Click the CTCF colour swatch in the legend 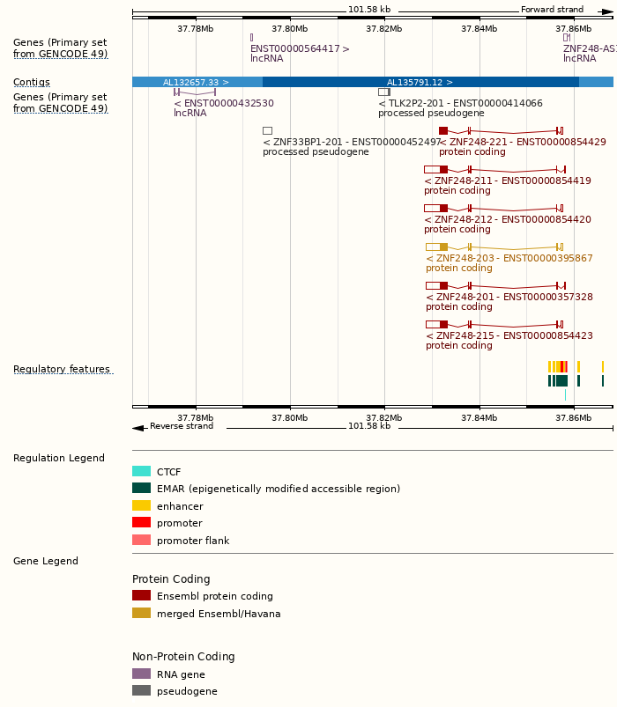141,471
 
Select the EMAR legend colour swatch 141,488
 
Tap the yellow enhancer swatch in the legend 141,505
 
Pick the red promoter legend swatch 141,522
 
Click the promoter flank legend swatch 141,540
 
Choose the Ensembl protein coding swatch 141,595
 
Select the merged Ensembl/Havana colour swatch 141,613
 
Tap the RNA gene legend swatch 141,674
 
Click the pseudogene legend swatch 141,690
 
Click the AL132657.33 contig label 196,82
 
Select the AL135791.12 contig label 420,82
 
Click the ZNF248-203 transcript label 509,258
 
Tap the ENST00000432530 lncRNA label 224,103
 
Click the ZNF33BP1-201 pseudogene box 267,130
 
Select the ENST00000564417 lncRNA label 300,48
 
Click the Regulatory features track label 62,369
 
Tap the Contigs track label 32,82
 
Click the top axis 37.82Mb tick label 383,28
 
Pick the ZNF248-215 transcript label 509,335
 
